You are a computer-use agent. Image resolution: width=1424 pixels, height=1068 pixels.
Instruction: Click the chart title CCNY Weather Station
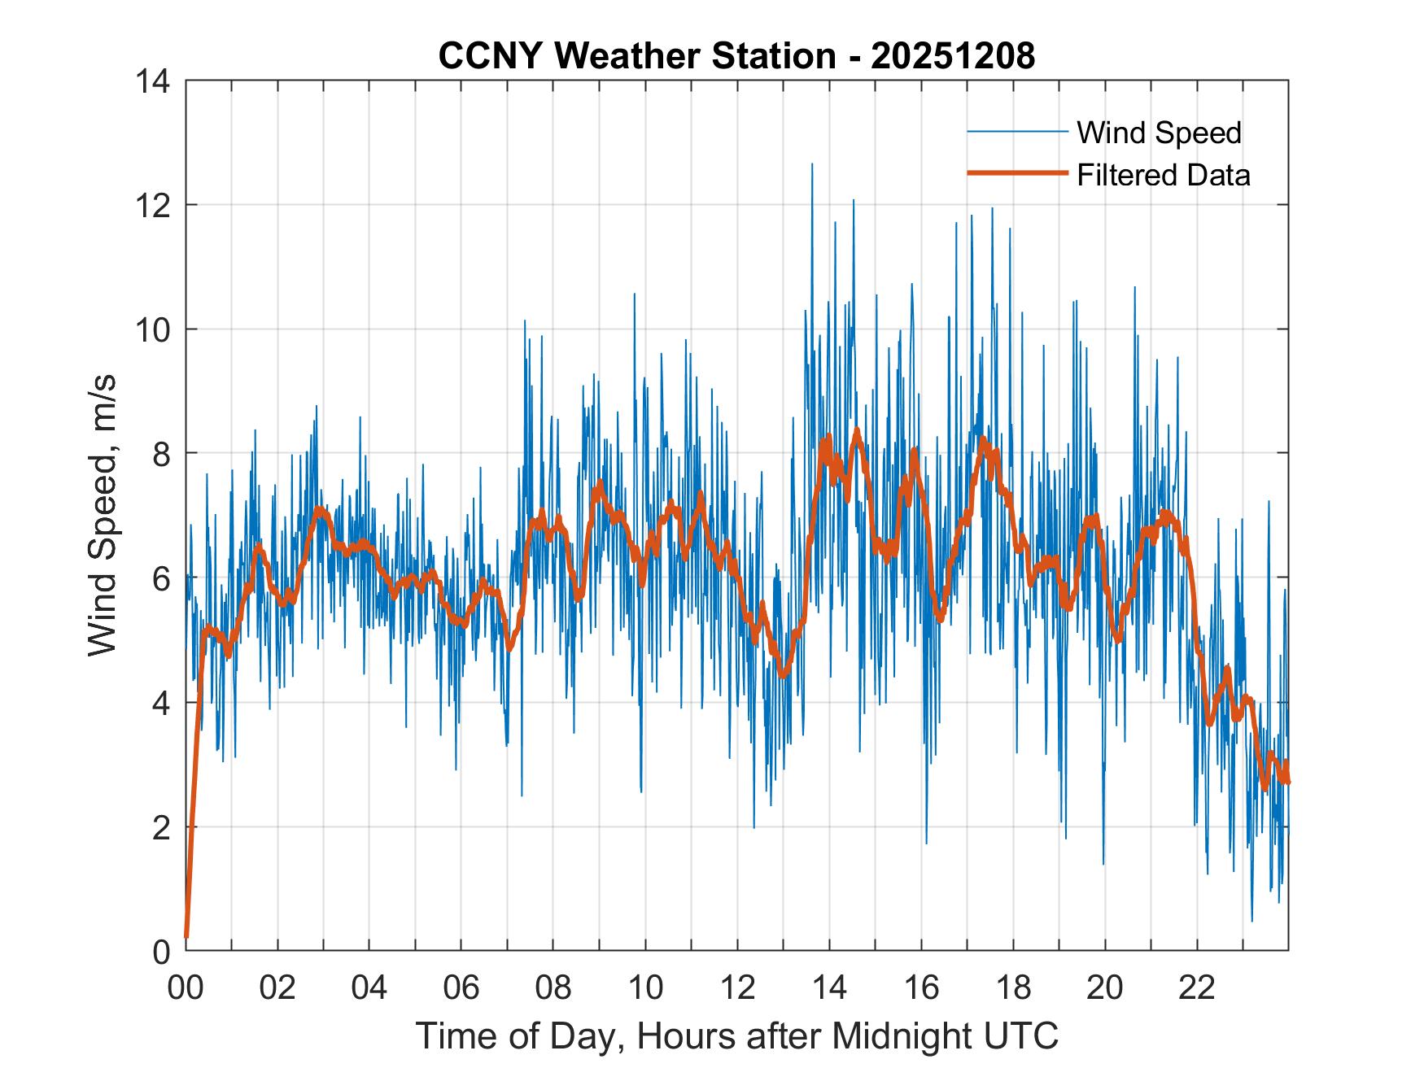click(x=636, y=56)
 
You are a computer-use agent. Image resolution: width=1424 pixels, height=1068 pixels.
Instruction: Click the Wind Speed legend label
click(x=1159, y=133)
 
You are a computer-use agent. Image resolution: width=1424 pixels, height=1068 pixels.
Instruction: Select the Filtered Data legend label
click(x=1163, y=175)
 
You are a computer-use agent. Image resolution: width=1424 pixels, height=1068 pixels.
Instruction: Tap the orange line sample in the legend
click(x=1016, y=173)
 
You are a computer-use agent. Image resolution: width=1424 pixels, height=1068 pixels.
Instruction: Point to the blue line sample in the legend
click(x=1016, y=132)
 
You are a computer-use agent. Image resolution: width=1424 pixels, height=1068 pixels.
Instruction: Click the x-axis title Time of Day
click(x=736, y=1035)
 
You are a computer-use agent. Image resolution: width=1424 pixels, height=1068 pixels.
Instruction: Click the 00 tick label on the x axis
click(x=186, y=987)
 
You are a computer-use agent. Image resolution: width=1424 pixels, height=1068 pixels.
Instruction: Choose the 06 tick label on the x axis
click(x=461, y=987)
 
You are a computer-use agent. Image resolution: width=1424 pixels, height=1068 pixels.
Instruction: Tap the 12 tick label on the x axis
click(x=737, y=987)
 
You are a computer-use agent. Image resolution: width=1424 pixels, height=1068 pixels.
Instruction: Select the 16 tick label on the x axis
click(x=921, y=987)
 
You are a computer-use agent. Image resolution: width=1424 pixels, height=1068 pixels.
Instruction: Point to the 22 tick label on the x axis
click(x=1197, y=987)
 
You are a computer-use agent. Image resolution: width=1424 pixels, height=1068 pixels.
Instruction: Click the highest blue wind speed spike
click(x=811, y=165)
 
